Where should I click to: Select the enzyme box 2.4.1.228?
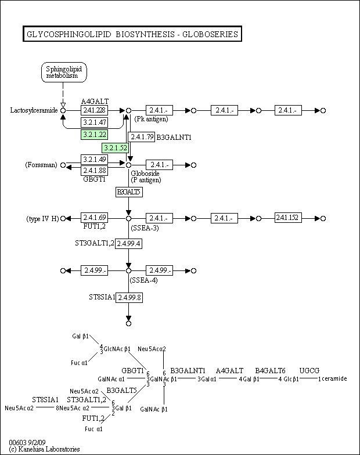(x=93, y=110)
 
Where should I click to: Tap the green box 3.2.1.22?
(x=93, y=135)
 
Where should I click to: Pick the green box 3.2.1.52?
(x=115, y=148)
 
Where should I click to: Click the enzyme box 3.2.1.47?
(x=93, y=122)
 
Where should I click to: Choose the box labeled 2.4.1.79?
(x=141, y=137)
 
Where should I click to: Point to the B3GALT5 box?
(x=129, y=192)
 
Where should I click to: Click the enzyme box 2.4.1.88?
(x=93, y=171)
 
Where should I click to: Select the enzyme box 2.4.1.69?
(x=93, y=218)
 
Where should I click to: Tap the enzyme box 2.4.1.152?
(x=289, y=218)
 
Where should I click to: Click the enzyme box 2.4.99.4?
(x=129, y=243)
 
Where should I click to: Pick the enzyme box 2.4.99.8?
(x=129, y=297)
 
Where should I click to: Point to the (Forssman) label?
(x=41, y=165)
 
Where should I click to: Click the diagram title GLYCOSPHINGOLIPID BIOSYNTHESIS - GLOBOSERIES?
(x=131, y=34)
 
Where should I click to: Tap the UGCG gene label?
(x=309, y=370)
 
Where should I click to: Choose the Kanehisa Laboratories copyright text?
(x=45, y=449)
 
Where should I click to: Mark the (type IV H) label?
(x=42, y=218)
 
